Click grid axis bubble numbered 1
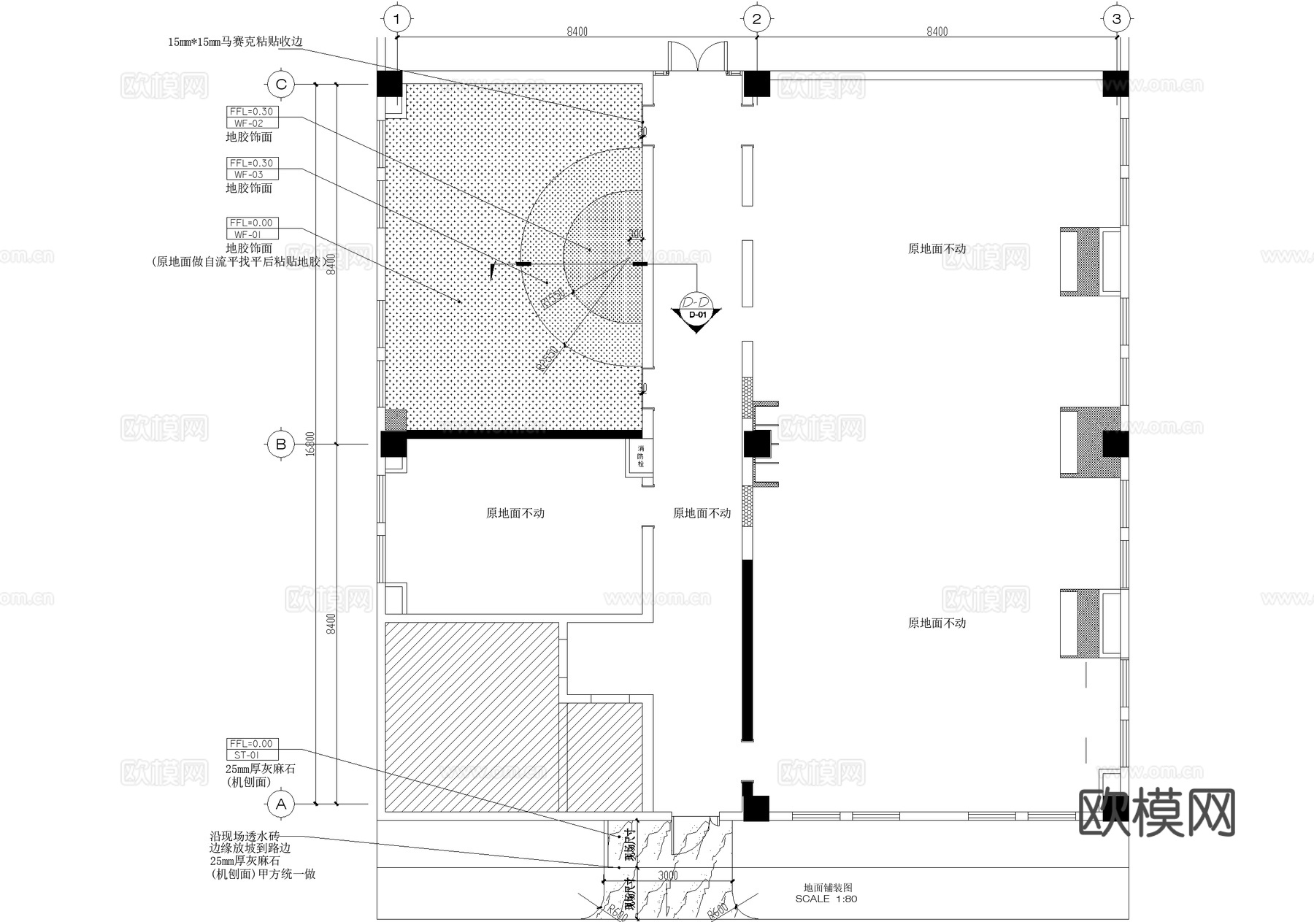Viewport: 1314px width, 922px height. pos(396,19)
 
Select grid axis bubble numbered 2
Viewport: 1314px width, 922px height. pos(756,19)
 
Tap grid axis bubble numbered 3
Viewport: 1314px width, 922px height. pos(1115,19)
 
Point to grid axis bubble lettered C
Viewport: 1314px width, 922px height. pos(281,85)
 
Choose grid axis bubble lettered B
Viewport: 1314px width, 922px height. pos(281,444)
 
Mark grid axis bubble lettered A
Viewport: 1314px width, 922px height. pos(281,804)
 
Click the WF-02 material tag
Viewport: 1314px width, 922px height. pos(248,123)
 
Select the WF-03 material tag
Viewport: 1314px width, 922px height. pos(248,174)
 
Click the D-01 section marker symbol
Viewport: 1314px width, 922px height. pos(697,312)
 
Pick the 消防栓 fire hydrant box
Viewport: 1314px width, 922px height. pos(640,456)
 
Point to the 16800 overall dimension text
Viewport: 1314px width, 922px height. pos(310,444)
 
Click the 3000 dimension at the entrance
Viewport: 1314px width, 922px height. pos(667,875)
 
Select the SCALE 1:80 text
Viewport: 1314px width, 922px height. pos(826,899)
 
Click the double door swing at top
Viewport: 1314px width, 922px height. pos(697,57)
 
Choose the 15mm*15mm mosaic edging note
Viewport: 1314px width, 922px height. pos(235,42)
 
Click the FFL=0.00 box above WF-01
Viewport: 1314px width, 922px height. pos(251,223)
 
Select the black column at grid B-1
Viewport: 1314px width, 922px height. pos(393,444)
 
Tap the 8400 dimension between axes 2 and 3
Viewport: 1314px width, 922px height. pos(937,31)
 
